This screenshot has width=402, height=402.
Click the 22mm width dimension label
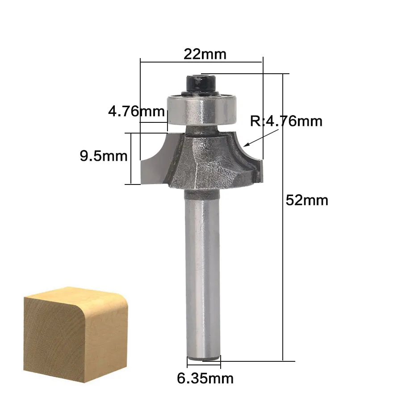tap(205, 54)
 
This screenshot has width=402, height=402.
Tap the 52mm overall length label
tap(307, 200)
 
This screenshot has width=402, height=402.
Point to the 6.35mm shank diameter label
tap(205, 378)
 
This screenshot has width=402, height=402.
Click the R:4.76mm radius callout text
tap(286, 121)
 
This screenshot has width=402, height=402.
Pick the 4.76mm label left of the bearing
tap(136, 111)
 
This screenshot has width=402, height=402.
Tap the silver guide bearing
tap(201, 110)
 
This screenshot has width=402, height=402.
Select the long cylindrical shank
tap(202, 274)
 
